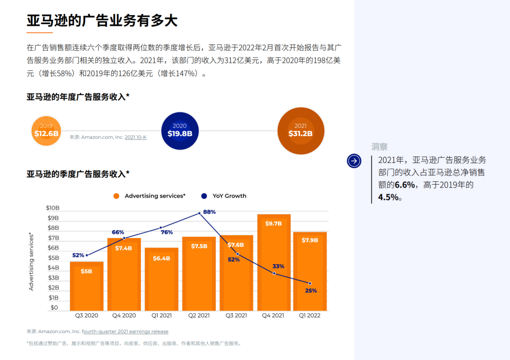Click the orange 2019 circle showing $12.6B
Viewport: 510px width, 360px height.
(46, 130)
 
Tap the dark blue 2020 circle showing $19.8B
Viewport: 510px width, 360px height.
(179, 130)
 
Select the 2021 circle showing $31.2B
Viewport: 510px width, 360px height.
(300, 130)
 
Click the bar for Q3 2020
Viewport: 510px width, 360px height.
(86, 286)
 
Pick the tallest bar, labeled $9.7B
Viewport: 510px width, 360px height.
(273, 262)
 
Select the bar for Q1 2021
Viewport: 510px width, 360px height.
(161, 279)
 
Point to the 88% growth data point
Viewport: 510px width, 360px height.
(199, 213)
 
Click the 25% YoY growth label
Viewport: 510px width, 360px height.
(311, 291)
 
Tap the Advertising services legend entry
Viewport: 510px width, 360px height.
(149, 196)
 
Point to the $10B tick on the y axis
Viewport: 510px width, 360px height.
(52, 208)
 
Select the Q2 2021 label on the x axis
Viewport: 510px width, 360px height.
(199, 316)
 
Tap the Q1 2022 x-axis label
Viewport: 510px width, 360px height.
(310, 316)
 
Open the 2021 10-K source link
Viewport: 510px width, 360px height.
(136, 137)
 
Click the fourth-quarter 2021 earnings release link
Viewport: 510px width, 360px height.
(125, 332)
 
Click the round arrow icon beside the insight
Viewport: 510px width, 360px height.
(354, 161)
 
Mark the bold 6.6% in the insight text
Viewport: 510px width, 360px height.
(405, 185)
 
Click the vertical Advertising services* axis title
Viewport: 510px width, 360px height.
(32, 261)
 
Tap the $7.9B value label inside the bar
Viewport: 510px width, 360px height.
(310, 240)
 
